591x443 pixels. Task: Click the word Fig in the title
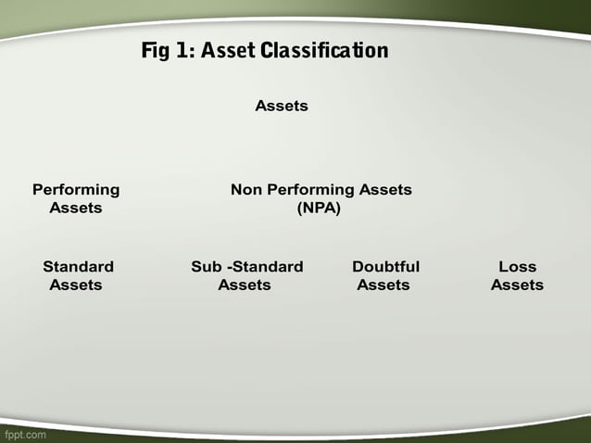tap(156, 50)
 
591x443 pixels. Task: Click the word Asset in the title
tap(229, 50)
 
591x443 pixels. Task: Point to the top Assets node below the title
tap(282, 106)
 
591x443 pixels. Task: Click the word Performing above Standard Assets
tap(76, 189)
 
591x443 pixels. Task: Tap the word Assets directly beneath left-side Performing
tap(76, 208)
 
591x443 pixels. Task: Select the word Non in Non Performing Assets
tap(246, 189)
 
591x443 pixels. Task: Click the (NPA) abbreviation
tap(319, 208)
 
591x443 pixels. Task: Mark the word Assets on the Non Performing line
tap(386, 189)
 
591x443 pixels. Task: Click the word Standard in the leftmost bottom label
tap(78, 266)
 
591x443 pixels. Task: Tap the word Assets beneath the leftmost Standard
tap(76, 285)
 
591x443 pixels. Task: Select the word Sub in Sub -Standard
tap(206, 266)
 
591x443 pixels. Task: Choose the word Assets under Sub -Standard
tap(245, 285)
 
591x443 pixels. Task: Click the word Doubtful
tap(385, 266)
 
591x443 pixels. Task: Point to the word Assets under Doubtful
tap(384, 285)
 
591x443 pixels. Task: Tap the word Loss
tap(517, 266)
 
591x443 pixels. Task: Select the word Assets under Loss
tap(517, 285)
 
